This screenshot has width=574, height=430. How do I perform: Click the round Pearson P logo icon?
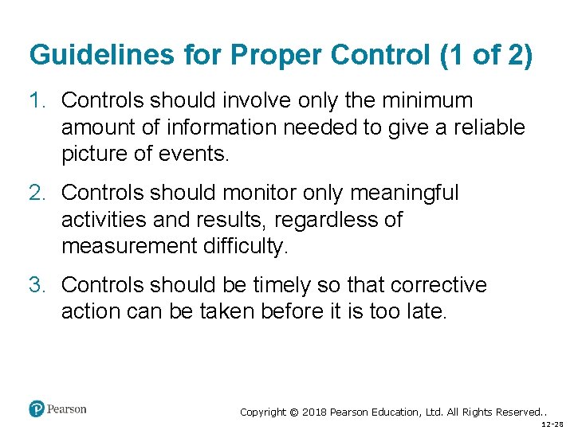coord(37,409)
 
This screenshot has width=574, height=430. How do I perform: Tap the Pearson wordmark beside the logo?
coord(67,409)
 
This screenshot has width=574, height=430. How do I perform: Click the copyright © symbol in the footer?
coord(293,412)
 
